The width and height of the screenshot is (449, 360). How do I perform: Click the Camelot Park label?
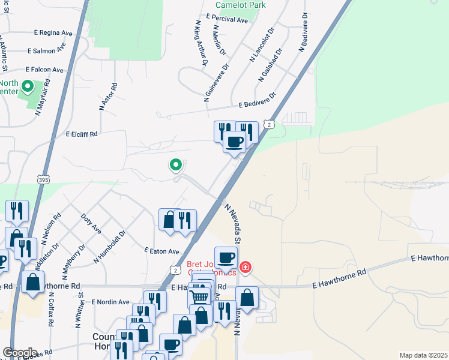pyautogui.click(x=241, y=5)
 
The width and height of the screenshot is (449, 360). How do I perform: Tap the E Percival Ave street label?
pyautogui.click(x=226, y=20)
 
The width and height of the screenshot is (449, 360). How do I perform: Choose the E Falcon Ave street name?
pyautogui.click(x=44, y=70)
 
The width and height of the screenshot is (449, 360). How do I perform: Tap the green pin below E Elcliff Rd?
pyautogui.click(x=176, y=164)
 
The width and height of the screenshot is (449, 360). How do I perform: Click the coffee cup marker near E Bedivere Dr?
pyautogui.click(x=234, y=142)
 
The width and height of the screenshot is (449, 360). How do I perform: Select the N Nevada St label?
pyautogui.click(x=232, y=223)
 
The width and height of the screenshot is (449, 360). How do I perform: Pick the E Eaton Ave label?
pyautogui.click(x=161, y=251)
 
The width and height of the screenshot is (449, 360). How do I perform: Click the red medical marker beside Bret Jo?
pyautogui.click(x=245, y=266)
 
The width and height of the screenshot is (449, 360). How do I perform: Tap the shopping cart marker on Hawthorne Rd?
pyautogui.click(x=199, y=295)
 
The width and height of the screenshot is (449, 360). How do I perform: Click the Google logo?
pyautogui.click(x=20, y=352)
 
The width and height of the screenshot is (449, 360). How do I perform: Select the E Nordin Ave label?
pyautogui.click(x=111, y=302)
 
